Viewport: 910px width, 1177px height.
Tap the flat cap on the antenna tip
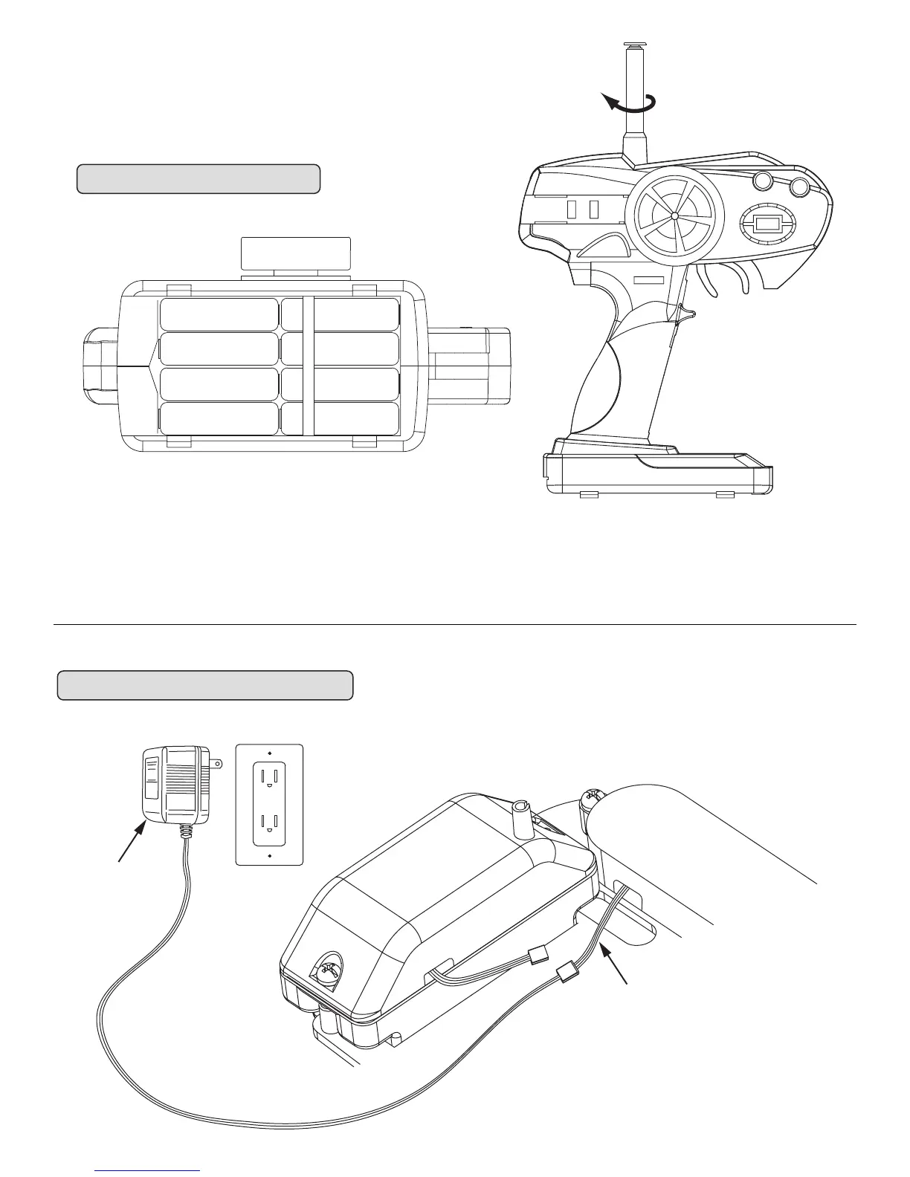636,45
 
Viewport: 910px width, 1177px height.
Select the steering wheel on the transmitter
674,215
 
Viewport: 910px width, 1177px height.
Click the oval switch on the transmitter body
768,222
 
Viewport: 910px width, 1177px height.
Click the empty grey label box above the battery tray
199,179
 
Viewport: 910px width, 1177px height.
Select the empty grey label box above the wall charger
204,685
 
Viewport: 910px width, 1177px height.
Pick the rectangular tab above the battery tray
296,254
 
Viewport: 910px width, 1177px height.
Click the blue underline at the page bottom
149,1170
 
